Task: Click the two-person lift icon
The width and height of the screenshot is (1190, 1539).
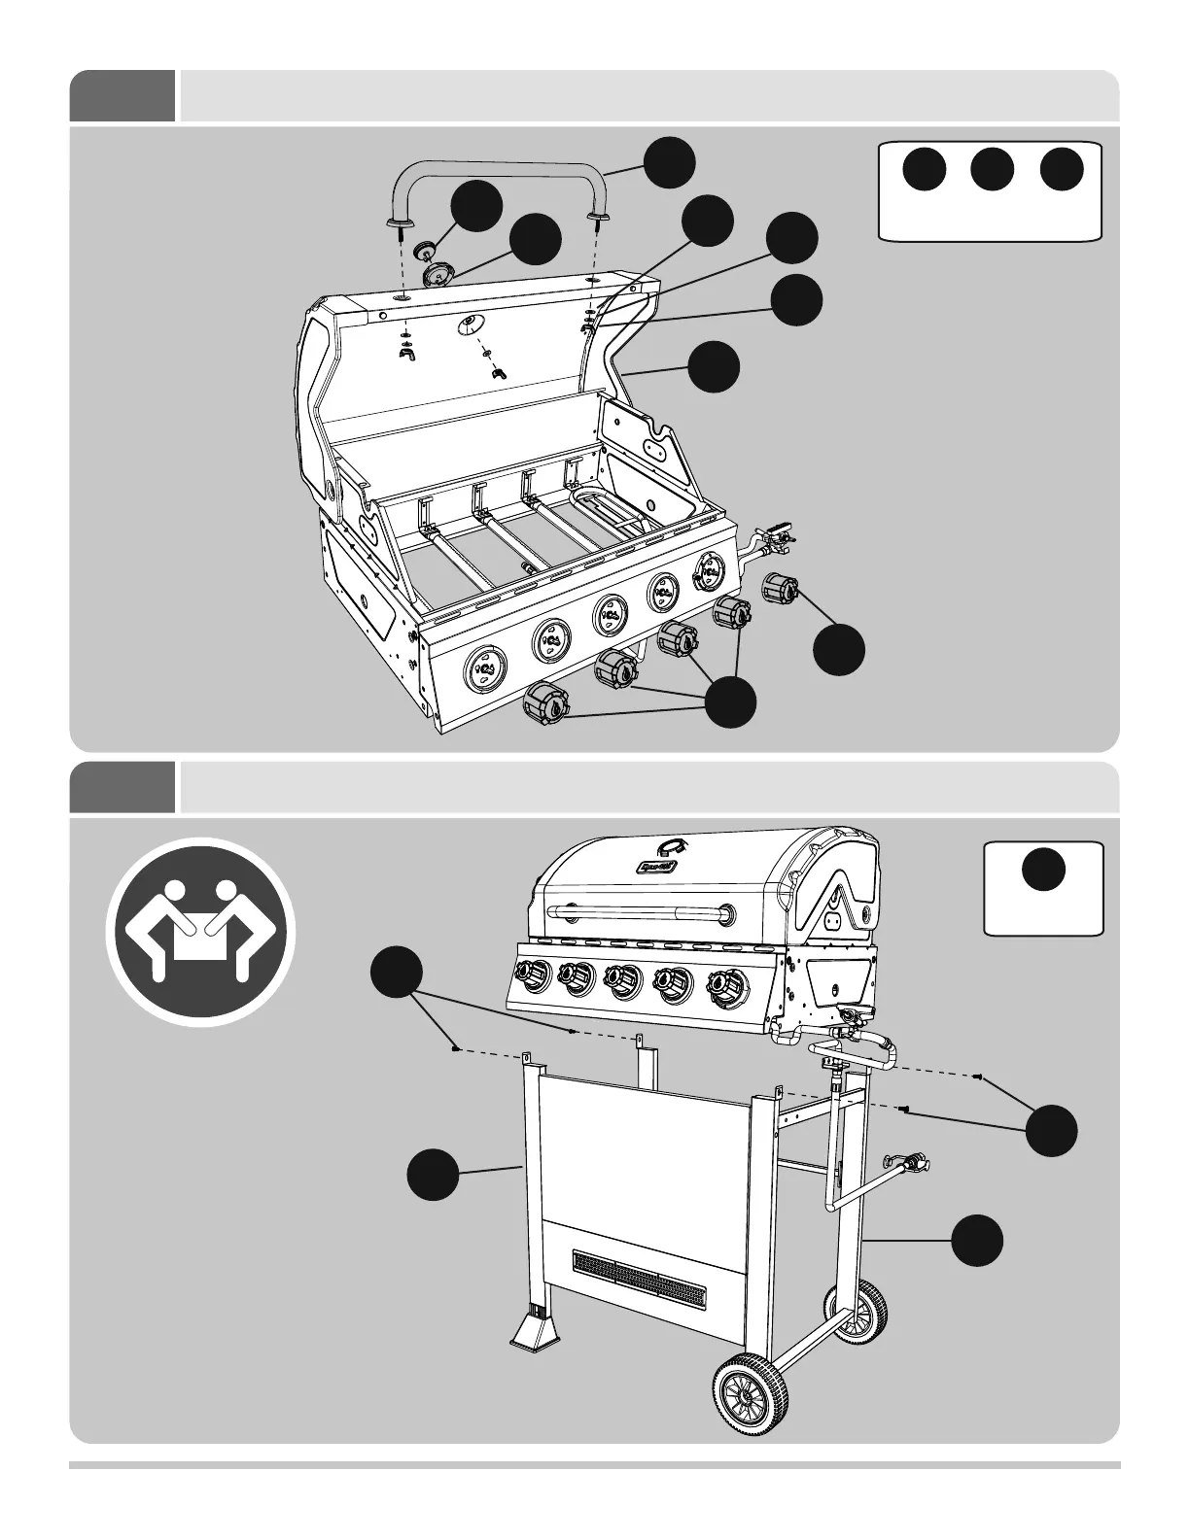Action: point(200,933)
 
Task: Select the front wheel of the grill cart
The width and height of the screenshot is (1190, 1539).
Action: point(751,1394)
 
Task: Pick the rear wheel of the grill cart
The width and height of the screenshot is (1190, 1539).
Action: point(857,1311)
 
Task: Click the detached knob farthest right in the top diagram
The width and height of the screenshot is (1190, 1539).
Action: point(779,589)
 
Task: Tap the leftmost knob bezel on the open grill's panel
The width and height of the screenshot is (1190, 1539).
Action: point(485,669)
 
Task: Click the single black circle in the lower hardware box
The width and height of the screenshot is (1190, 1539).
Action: point(1044,869)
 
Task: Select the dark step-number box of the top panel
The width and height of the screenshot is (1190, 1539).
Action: point(122,96)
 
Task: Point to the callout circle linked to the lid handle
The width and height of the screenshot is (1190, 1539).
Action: point(671,162)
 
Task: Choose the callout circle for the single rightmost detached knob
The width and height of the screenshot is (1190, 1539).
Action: point(839,649)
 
